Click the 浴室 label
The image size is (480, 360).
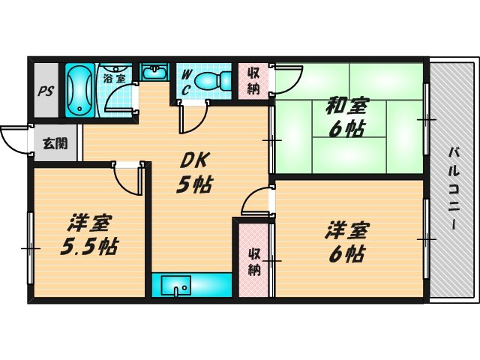coord(115,76)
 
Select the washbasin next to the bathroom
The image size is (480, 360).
coord(155,72)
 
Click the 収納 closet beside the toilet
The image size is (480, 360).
coord(253,80)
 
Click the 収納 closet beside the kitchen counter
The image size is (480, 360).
coord(253,258)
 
